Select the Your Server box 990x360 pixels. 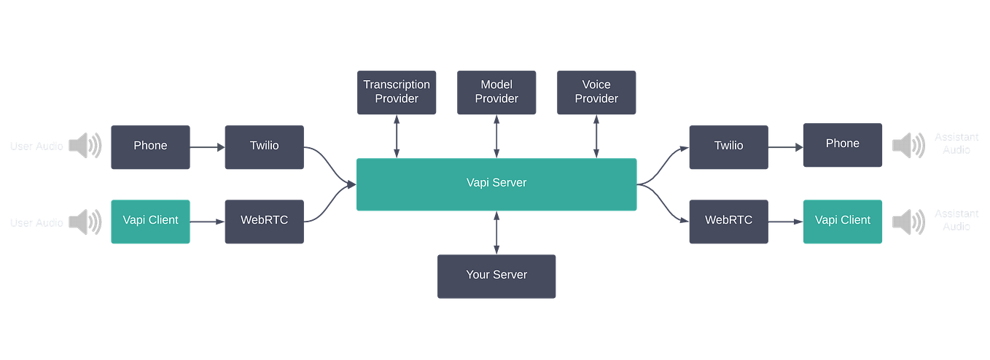coord(496,275)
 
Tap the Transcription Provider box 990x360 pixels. coord(397,92)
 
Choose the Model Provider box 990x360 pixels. coord(496,92)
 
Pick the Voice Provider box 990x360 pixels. coord(596,92)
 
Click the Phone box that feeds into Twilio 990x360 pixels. coord(150,146)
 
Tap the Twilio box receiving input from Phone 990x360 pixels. coord(263,146)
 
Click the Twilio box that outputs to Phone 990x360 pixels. coord(728,146)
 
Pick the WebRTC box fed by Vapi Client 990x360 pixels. coord(263,221)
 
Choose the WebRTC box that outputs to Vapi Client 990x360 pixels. coord(728,221)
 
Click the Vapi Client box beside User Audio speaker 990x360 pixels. coord(150,221)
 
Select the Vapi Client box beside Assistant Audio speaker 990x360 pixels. coord(842,221)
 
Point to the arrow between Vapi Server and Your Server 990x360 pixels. coord(496,232)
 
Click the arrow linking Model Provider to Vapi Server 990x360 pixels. coord(496,136)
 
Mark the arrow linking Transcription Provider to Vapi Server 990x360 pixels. coord(397,136)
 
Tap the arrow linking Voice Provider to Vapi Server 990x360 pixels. coord(596,136)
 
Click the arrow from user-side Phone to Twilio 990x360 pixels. coord(207,148)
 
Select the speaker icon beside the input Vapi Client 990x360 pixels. coord(86,221)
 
